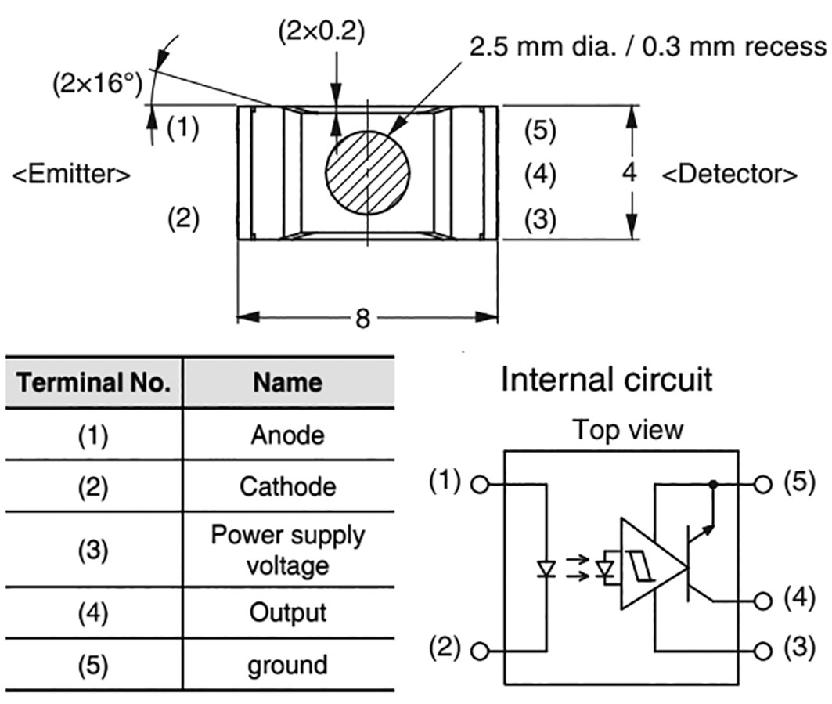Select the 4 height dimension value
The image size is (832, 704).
(630, 173)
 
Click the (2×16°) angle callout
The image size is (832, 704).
(99, 84)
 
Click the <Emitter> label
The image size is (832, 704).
(71, 175)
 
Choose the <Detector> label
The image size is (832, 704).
(730, 174)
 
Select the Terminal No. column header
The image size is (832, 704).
(94, 383)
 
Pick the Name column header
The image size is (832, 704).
(287, 383)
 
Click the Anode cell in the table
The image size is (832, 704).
(287, 435)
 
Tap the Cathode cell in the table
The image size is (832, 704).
(287, 486)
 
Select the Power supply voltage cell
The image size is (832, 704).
(287, 549)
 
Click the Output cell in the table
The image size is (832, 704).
(287, 612)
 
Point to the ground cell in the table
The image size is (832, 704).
(287, 665)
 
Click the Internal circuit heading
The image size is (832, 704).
(607, 381)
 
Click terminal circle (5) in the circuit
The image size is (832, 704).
(763, 484)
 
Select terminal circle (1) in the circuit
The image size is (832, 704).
(481, 484)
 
